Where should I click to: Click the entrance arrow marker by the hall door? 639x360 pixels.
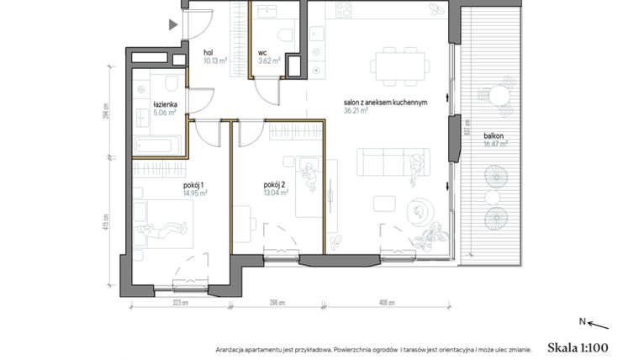tap(173, 24)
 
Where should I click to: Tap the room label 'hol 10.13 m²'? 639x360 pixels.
tap(214, 56)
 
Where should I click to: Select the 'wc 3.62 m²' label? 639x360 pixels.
tap(269, 56)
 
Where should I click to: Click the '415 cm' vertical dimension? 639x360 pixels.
tap(108, 228)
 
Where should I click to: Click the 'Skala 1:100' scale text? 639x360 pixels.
tap(577, 347)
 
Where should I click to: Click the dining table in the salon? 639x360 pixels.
tap(393, 64)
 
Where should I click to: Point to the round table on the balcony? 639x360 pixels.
tap(500, 93)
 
